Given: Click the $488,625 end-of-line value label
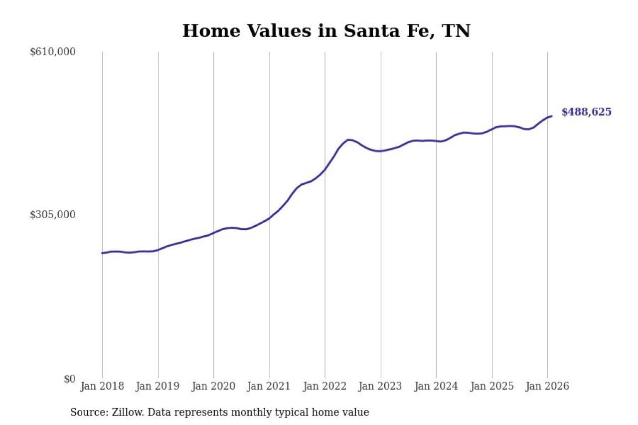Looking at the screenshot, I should [586, 112].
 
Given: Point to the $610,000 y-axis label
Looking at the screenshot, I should [53, 52].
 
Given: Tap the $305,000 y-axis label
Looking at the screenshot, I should [53, 215].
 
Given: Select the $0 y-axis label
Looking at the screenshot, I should [69, 379].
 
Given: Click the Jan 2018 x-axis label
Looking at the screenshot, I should [103, 386].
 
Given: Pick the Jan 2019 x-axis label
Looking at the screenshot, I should [158, 386].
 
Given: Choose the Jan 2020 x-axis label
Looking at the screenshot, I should [214, 386].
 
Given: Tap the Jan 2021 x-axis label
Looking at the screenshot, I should [270, 386].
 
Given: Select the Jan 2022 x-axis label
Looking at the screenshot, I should [325, 386].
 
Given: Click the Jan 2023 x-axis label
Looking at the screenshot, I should [381, 386].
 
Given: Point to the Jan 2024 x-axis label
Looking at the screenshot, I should [436, 386].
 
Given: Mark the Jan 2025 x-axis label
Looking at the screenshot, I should [492, 386].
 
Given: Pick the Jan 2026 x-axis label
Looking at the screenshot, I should [547, 386].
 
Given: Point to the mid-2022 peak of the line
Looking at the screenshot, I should [348, 140].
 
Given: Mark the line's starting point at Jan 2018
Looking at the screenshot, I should [103, 253].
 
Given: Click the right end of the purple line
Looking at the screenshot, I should [551, 116].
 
